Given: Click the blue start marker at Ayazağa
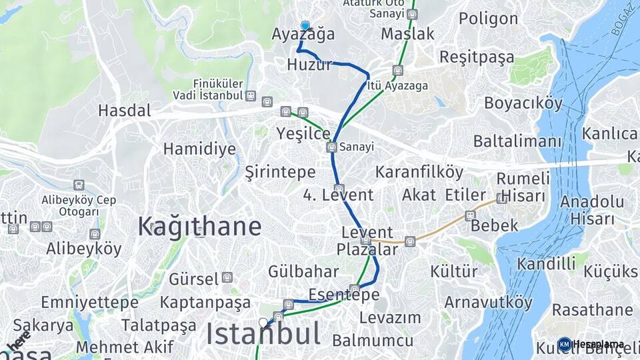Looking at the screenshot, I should (305, 26).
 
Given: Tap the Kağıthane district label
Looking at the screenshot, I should (199, 227).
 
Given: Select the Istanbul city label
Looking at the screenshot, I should (263, 334).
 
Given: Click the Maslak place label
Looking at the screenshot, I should (407, 33).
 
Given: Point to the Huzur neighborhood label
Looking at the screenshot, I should (309, 65).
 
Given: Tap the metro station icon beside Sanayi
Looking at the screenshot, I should (331, 147).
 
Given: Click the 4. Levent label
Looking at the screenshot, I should (338, 195).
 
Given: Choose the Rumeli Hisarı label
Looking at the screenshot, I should (523, 187).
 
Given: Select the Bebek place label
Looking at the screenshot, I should (494, 225).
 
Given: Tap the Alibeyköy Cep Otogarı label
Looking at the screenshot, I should (79, 205).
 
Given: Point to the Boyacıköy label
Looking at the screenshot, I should (523, 103).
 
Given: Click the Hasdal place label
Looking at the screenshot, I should (125, 110).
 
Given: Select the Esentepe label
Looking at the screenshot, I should (344, 295).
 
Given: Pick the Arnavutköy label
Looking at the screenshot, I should (489, 302).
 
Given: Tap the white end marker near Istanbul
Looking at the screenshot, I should (263, 323).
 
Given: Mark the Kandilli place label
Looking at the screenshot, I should (545, 263).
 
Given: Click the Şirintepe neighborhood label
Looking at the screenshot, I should (280, 172).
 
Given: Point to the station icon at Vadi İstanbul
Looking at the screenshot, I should (250, 96).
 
